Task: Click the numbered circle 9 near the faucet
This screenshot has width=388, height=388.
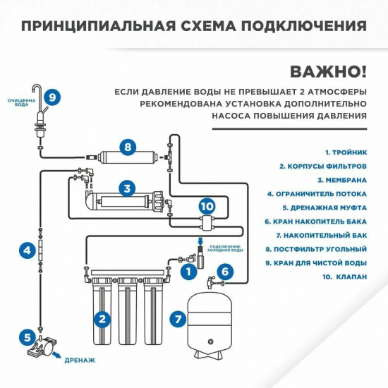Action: pyautogui.click(x=54, y=97)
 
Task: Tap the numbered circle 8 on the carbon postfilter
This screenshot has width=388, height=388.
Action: pyautogui.click(x=127, y=147)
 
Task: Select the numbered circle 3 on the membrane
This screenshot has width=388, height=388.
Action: pyautogui.click(x=127, y=188)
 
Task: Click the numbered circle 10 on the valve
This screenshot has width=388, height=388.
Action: pyautogui.click(x=205, y=206)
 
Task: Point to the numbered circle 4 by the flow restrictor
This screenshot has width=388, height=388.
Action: pyautogui.click(x=26, y=250)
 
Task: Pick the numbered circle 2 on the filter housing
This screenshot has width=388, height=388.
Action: pyautogui.click(x=104, y=319)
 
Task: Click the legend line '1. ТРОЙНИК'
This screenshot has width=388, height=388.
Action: pyautogui.click(x=346, y=152)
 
